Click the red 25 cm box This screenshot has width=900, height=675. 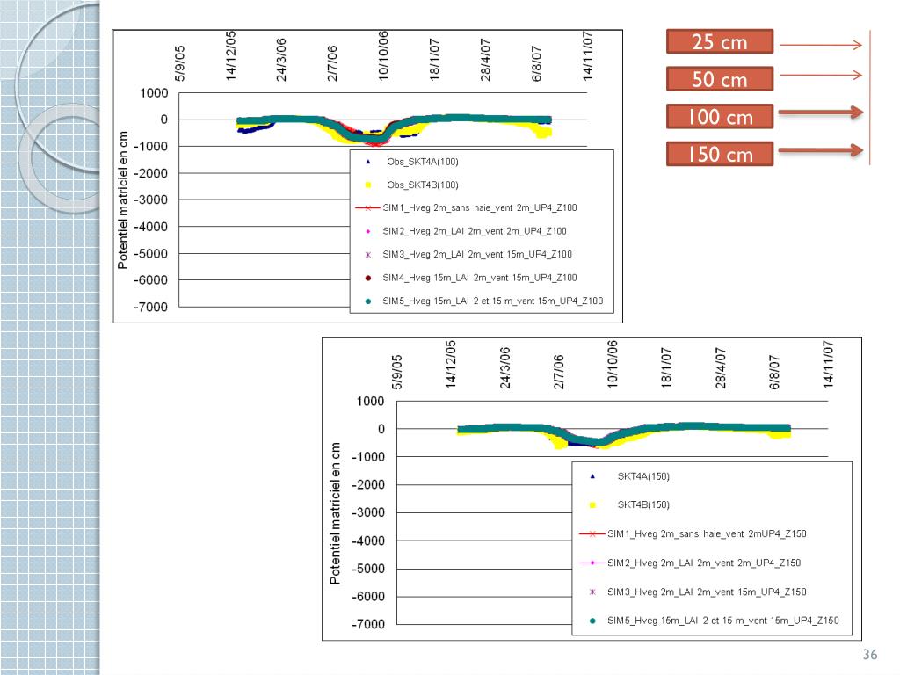click(x=719, y=42)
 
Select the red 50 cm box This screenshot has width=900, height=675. click(x=719, y=80)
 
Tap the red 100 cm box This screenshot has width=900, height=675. click(x=719, y=117)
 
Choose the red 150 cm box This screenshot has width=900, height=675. click(x=719, y=155)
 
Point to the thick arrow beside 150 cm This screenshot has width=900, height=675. click(x=819, y=150)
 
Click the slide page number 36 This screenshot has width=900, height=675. click(x=870, y=655)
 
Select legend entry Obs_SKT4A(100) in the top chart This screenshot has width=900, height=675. click(x=423, y=162)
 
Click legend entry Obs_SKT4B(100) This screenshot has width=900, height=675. click(x=423, y=185)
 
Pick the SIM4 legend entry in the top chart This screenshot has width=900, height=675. click(x=480, y=278)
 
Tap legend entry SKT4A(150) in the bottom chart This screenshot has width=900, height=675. click(x=643, y=476)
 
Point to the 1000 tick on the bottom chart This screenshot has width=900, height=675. click(x=370, y=402)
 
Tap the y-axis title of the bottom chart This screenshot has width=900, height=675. click(x=335, y=513)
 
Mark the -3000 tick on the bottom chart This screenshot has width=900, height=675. click(x=367, y=513)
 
